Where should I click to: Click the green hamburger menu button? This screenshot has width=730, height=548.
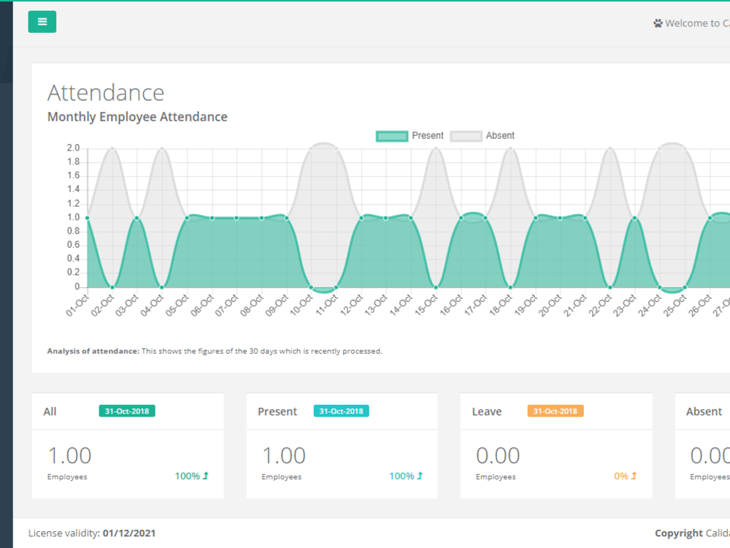[42, 22]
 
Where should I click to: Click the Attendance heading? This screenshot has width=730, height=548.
[106, 93]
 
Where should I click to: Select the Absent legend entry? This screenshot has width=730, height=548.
[483, 136]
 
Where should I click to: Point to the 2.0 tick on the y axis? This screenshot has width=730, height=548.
[73, 148]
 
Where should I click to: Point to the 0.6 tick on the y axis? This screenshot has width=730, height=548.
[73, 246]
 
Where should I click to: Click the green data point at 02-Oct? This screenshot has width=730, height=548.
[112, 287]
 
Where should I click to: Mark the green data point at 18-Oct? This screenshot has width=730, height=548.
[510, 287]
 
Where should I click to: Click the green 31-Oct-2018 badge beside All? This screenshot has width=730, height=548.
[127, 411]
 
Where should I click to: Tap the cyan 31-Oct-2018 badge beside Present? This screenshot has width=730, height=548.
[341, 411]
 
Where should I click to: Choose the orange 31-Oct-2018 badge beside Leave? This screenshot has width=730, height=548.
[556, 411]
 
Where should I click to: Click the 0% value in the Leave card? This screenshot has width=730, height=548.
[621, 476]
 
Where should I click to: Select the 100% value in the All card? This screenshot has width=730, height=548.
[187, 476]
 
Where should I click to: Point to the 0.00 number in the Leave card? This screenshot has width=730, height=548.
[498, 456]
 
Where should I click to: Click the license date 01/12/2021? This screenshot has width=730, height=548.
[129, 533]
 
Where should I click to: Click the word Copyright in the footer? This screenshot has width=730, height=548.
[678, 533]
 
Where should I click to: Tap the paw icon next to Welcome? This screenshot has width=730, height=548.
[658, 23]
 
